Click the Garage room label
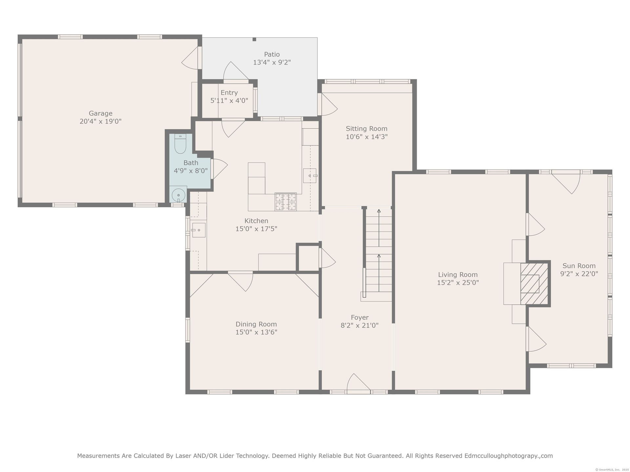[100, 113]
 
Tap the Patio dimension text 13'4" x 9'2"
[272, 62]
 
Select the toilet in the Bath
[180, 144]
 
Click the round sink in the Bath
[178, 196]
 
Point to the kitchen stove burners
[285, 202]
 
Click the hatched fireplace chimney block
[535, 284]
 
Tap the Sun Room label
[579, 266]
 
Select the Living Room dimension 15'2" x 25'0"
[458, 283]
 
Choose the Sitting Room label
[367, 129]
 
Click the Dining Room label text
[256, 324]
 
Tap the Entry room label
[229, 93]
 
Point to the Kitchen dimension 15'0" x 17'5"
[256, 229]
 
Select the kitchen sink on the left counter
[199, 230]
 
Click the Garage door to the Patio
[190, 58]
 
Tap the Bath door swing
[220, 169]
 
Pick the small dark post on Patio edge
[254, 39]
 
